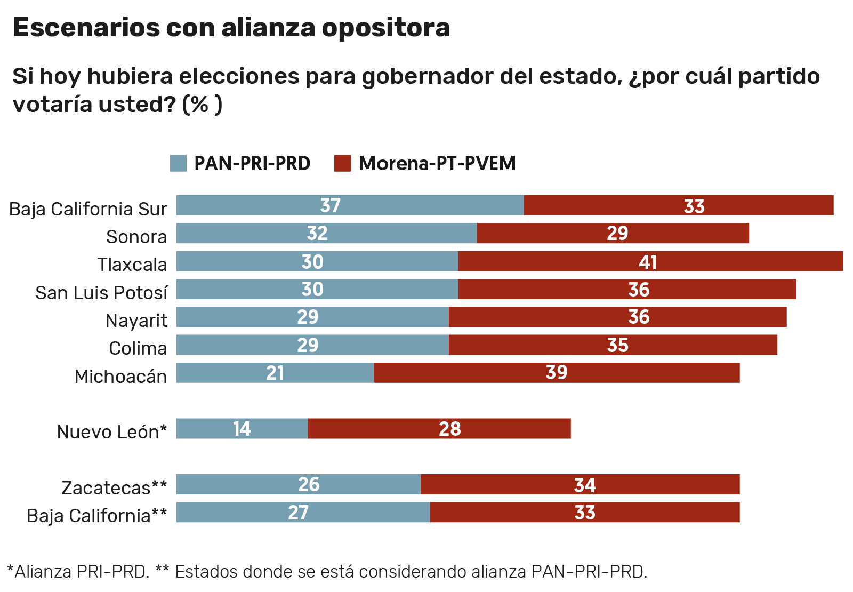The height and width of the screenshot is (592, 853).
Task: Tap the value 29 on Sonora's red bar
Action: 617,234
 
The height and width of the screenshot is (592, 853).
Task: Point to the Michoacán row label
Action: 120,377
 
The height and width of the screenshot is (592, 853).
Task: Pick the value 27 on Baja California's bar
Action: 298,513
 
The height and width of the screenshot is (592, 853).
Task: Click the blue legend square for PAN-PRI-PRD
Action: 178,163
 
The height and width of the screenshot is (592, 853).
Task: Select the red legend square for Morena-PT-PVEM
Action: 342,163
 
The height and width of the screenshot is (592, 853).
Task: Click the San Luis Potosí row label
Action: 101,293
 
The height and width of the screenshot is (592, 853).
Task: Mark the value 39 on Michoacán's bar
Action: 556,373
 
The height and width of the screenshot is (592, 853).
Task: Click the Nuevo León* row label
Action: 112,432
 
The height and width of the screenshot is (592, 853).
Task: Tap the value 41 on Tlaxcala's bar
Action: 648,262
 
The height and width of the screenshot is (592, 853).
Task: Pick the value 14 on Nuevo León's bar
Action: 242,429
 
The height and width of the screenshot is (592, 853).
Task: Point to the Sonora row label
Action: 136,237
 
